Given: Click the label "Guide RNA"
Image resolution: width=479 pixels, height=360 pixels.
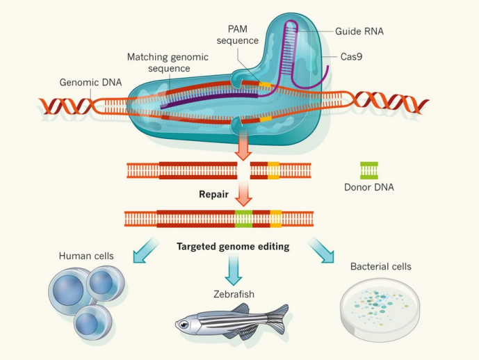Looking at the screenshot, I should [359, 32].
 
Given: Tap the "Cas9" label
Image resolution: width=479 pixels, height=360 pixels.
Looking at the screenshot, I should [352, 56].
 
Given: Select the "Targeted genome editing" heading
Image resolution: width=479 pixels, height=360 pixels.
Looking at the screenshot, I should [233, 246].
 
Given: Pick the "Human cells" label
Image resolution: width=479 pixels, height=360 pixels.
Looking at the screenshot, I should [87, 256].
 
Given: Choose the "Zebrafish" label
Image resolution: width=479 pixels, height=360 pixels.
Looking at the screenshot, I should [234, 294].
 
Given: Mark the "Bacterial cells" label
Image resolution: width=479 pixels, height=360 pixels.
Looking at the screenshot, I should [380, 266].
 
